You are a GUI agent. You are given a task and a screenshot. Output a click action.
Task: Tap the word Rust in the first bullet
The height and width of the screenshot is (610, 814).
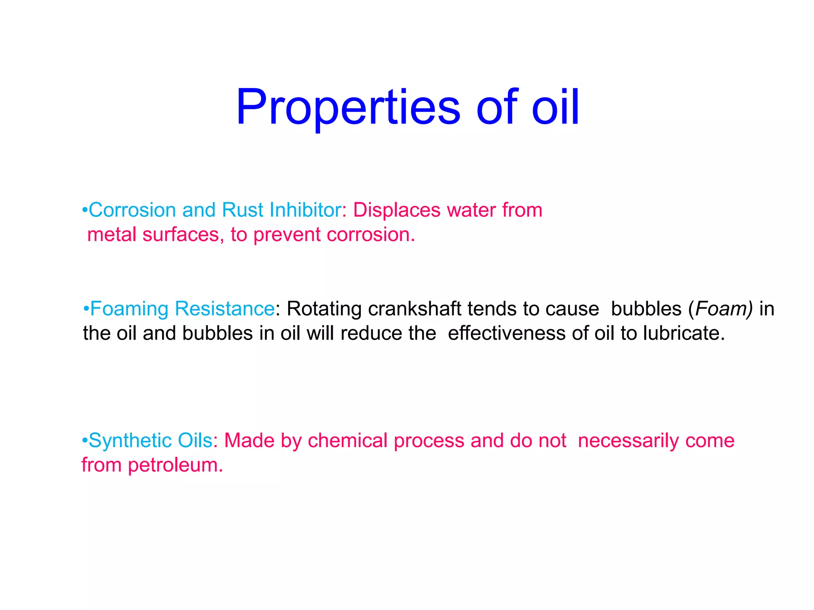click(x=242, y=210)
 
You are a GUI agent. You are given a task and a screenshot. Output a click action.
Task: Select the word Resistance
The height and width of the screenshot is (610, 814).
click(x=225, y=309)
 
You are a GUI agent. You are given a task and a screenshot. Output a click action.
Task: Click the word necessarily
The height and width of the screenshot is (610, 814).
click(x=628, y=441)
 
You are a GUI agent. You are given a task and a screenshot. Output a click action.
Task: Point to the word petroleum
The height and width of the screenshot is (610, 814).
click(x=175, y=465)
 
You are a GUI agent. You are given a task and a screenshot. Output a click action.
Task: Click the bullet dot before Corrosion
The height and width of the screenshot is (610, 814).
click(x=84, y=211)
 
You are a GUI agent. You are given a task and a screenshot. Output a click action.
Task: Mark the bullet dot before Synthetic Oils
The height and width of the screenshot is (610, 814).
click(x=84, y=441)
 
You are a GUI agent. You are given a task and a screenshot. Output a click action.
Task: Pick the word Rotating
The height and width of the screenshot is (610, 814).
click(x=324, y=309)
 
